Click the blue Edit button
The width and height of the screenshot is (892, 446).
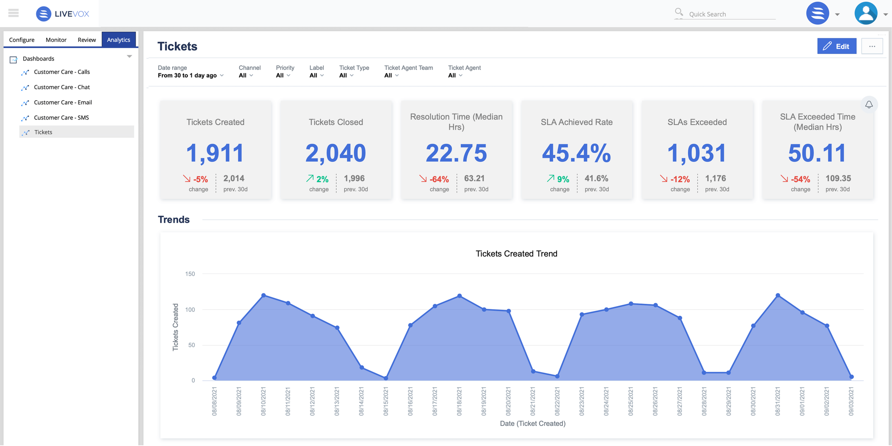tap(836, 46)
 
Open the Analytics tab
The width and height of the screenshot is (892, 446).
tap(119, 40)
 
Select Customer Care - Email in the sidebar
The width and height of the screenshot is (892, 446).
tap(63, 102)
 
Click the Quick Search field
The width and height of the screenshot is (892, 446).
tap(731, 14)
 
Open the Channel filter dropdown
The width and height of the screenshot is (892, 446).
tap(246, 75)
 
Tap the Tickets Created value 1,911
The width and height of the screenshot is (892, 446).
tap(215, 153)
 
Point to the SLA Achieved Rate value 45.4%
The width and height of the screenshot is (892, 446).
tap(576, 153)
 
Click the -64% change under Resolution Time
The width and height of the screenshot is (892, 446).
tap(439, 179)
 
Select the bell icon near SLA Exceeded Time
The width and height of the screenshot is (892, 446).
tap(869, 105)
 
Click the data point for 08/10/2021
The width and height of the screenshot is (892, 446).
tap(264, 295)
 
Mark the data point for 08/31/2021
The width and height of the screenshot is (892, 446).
tap(778, 295)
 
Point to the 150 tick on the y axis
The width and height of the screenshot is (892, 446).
tap(190, 274)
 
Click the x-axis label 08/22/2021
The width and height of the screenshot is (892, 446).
tap(557, 401)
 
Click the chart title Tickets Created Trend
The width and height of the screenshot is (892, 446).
tap(516, 254)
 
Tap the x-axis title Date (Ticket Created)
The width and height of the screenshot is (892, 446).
tap(533, 423)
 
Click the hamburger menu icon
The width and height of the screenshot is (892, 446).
tap(14, 13)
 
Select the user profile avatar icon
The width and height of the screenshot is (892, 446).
tap(866, 13)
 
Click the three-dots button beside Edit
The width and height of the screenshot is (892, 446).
tap(872, 46)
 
